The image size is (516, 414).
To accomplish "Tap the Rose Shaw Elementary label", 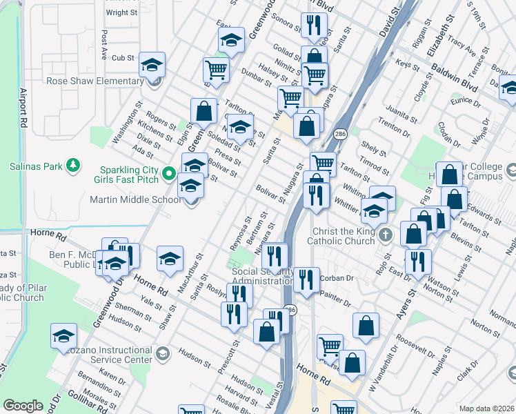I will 95,81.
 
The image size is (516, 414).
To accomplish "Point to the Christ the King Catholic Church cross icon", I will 386,235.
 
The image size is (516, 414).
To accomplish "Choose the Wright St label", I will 121,12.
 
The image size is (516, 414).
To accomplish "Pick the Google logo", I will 23,406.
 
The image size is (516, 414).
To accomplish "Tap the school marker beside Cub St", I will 152,66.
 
